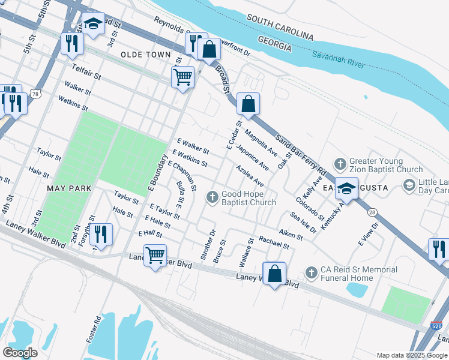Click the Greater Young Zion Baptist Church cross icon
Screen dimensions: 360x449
pos(340,164)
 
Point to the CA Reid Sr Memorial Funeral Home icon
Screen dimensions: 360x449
pos(311,272)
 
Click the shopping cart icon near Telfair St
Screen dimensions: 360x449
pos(182,76)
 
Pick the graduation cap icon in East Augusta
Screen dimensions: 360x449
pos(346,188)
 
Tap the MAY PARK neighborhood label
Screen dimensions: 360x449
pos(70,188)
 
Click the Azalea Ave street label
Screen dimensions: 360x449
pos(250,175)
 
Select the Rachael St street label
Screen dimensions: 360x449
pos(274,242)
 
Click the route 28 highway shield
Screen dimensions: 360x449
pos(373,212)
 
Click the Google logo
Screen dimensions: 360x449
pos(20,352)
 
